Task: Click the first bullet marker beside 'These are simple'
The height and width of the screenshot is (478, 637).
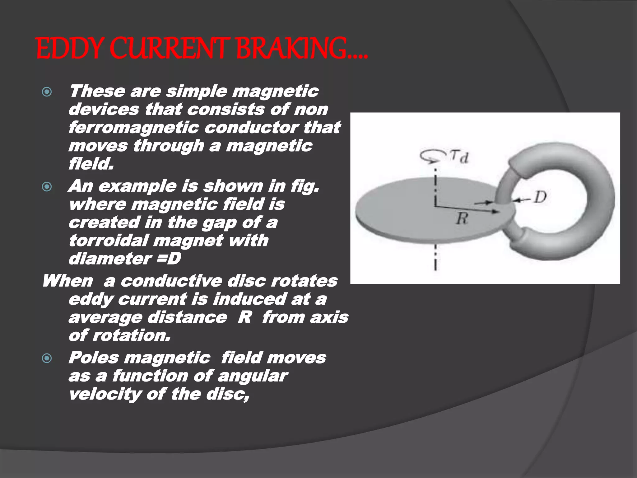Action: tap(47, 92)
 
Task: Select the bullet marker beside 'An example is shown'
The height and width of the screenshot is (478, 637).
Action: tap(47, 187)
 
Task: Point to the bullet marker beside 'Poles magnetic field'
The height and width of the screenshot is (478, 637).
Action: tap(47, 358)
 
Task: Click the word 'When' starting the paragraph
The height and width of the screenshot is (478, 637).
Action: tap(68, 281)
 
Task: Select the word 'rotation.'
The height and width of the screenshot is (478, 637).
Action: tap(131, 335)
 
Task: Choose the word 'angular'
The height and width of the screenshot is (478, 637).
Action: tap(253, 376)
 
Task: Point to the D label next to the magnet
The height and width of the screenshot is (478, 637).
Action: tap(540, 197)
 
